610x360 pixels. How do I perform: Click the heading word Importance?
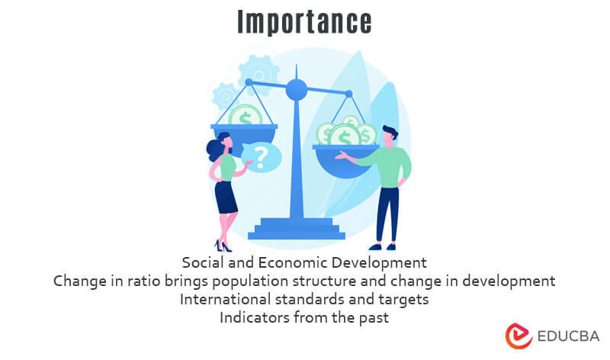[x=304, y=22]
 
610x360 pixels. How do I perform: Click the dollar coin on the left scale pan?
[x=245, y=116]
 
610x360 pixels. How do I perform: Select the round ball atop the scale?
[x=296, y=90]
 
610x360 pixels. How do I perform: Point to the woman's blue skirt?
[x=226, y=197]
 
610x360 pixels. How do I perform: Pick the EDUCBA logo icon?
[x=518, y=336]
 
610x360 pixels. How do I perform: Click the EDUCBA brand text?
[x=567, y=336]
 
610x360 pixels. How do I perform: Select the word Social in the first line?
[x=203, y=262]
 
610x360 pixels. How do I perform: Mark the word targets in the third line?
[x=403, y=299]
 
